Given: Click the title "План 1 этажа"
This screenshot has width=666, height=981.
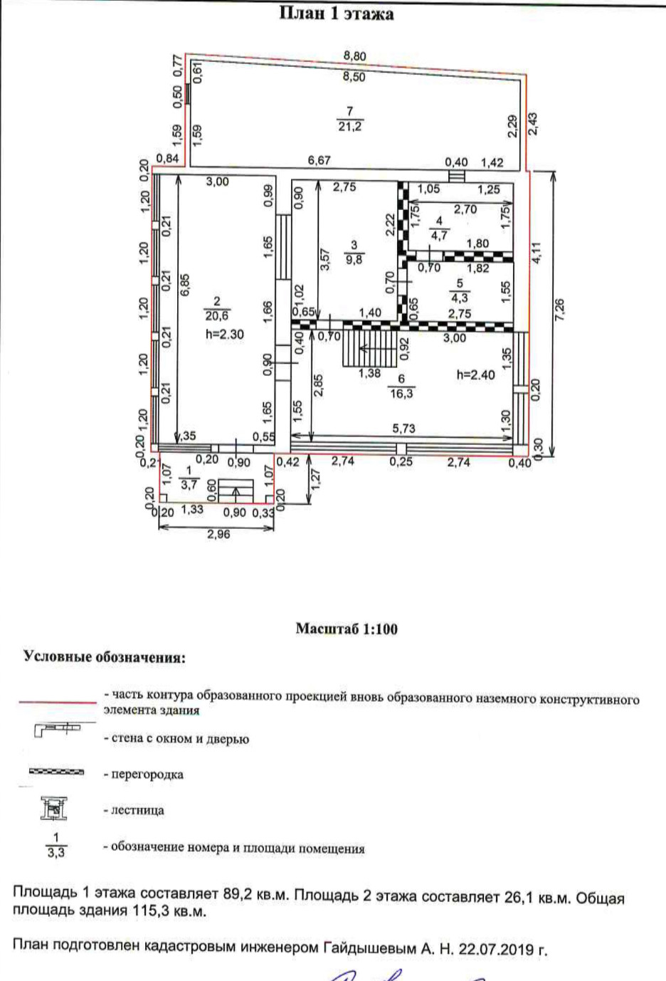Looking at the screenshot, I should [335, 14].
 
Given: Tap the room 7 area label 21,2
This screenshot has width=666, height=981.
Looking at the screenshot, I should [349, 127].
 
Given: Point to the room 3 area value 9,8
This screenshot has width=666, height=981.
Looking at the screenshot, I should [354, 260].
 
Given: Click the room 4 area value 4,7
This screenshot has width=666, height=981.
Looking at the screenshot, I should [439, 236].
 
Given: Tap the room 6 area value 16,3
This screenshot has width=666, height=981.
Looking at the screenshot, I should [401, 393].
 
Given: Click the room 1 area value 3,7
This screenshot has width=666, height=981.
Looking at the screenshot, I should [189, 485].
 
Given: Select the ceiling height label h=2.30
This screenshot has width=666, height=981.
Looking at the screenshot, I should [224, 334].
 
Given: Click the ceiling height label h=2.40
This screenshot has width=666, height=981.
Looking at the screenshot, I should [475, 374].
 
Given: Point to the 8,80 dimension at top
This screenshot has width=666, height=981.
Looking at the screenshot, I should [354, 56].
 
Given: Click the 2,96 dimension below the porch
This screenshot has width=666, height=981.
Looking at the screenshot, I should [218, 535].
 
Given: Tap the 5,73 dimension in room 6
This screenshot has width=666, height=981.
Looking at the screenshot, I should [403, 429].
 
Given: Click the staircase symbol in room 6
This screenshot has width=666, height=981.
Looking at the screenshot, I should [368, 350].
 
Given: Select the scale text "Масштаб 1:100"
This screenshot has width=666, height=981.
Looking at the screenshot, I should [347, 629].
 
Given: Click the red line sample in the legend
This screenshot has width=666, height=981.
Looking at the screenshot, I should [57, 702].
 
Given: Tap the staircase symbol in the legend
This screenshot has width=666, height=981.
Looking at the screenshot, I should [54, 809].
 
